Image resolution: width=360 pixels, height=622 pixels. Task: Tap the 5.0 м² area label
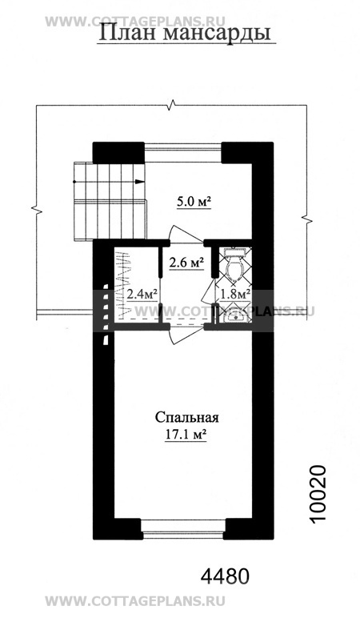click(x=194, y=203)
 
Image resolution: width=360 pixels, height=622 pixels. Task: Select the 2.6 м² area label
click(x=186, y=263)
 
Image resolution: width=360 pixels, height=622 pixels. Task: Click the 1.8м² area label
click(x=235, y=294)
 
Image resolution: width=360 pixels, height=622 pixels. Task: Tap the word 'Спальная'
click(x=186, y=418)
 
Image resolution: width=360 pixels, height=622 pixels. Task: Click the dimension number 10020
click(x=318, y=494)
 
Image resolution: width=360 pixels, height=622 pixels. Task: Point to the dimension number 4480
click(x=225, y=576)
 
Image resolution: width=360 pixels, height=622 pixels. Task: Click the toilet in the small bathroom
click(x=236, y=265)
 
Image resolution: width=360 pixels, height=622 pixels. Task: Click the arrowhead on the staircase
click(x=139, y=182)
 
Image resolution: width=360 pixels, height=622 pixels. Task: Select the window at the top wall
click(x=182, y=153)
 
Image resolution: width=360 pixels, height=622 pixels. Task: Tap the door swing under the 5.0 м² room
click(x=186, y=234)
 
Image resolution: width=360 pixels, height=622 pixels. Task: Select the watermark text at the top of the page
click(x=135, y=21)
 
